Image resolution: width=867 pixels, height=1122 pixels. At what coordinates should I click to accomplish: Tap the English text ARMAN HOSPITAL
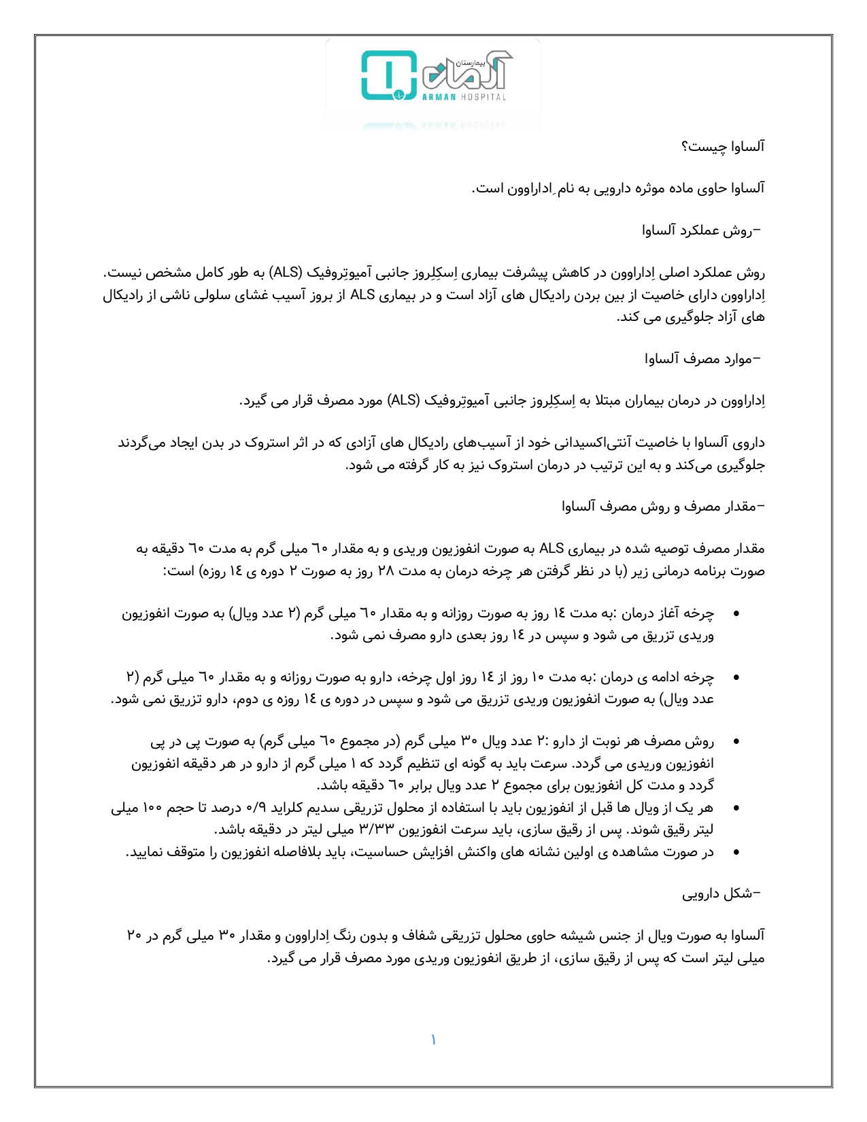464,97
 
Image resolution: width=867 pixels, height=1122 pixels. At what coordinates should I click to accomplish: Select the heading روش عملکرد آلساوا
702,231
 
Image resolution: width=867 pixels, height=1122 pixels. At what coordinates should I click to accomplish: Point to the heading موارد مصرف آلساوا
703,358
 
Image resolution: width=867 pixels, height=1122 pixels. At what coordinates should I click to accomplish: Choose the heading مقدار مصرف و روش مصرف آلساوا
663,507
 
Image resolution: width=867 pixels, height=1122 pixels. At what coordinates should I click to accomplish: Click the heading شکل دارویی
721,894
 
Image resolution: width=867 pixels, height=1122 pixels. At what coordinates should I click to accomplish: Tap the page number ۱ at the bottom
433,1040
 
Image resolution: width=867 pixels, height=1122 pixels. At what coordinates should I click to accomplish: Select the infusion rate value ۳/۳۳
370,830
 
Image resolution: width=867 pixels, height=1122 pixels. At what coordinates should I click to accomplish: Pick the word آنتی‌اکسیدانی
583,443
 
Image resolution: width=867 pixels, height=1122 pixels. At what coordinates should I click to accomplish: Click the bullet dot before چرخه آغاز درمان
736,614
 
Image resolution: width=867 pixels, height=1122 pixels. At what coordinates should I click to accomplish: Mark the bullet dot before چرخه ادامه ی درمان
736,678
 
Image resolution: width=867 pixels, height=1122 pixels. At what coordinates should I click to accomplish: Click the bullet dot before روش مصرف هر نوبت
736,742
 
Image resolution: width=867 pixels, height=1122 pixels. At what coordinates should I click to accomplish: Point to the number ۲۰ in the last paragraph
134,936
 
